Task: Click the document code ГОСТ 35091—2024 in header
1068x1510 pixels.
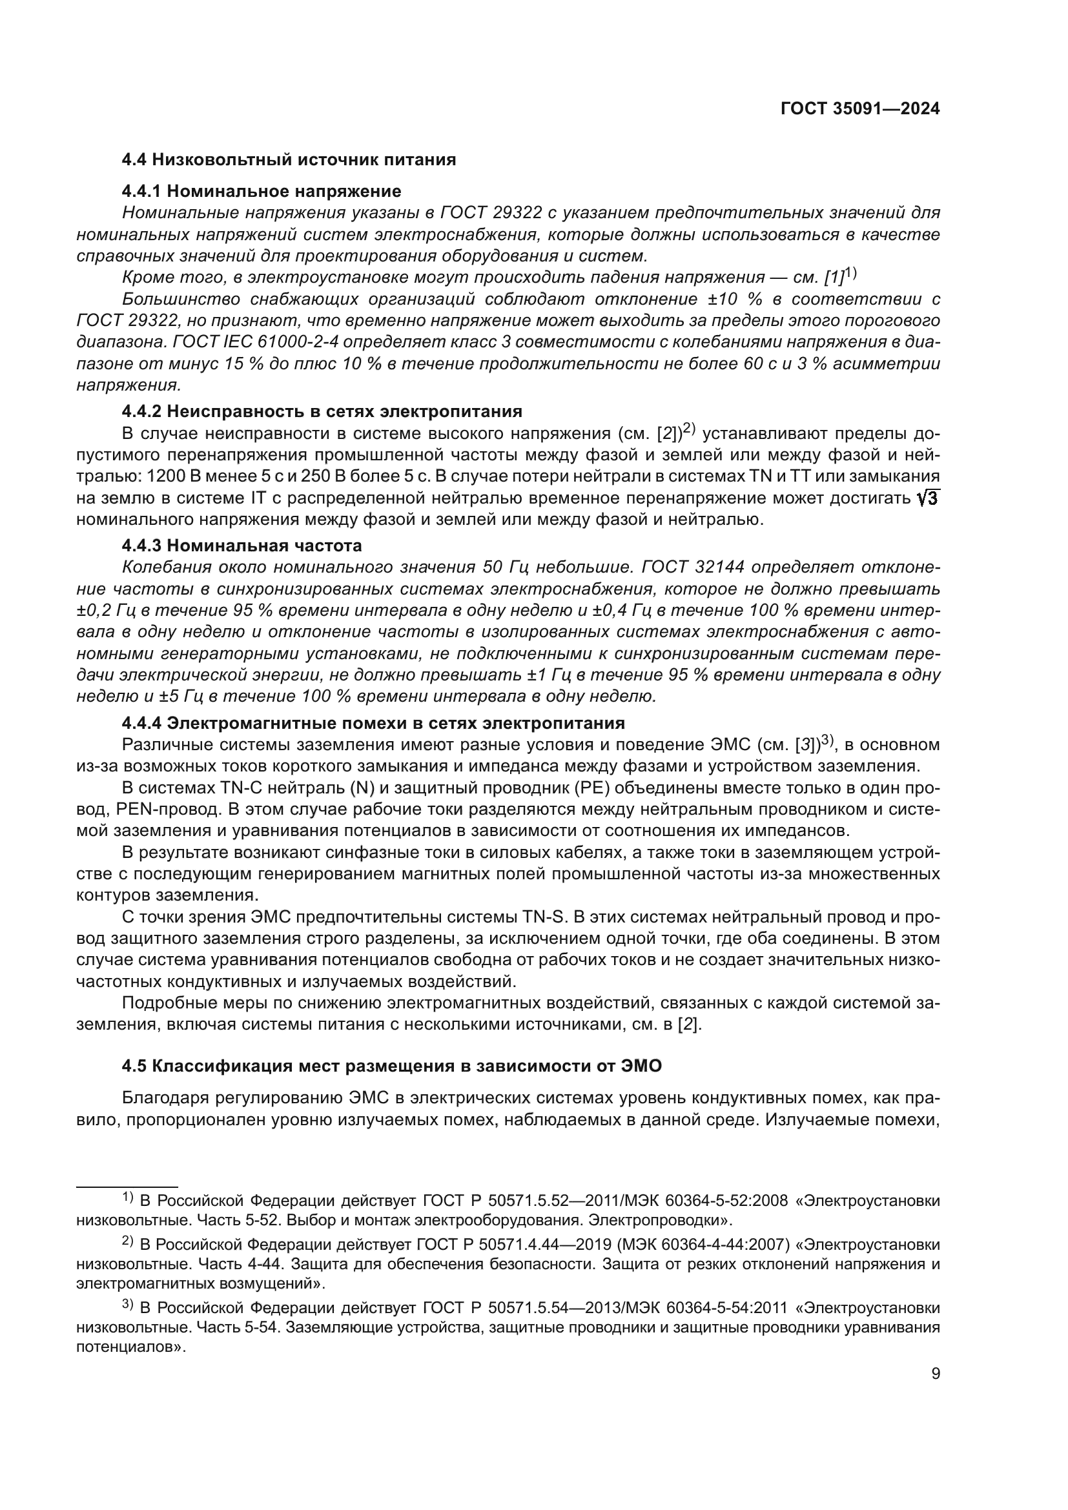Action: click(859, 109)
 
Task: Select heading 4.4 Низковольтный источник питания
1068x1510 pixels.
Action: click(289, 160)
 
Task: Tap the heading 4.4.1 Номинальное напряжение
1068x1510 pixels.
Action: click(261, 191)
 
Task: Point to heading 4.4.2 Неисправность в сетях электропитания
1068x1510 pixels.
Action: click(322, 412)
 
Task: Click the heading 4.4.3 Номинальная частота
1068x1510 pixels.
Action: click(241, 546)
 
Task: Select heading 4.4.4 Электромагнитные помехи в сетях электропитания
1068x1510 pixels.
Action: click(373, 724)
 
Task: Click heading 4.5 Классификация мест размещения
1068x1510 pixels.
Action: click(391, 1066)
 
